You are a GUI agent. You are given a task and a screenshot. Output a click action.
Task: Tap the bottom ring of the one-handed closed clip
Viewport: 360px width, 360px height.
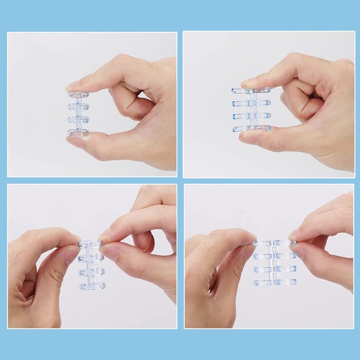pyautogui.click(x=78, y=133)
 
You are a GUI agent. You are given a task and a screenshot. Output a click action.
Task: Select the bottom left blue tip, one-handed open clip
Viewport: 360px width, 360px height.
pyautogui.click(x=235, y=129)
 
